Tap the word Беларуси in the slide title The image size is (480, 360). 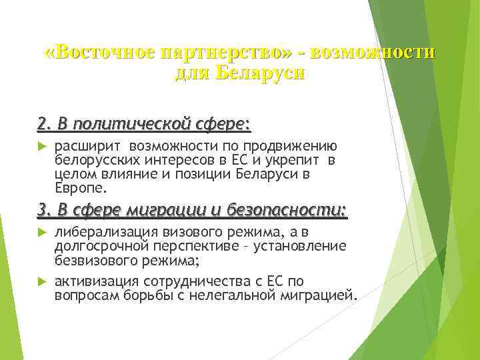coord(261,72)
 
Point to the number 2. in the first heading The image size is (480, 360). coord(45,123)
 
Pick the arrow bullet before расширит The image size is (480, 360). coord(41,146)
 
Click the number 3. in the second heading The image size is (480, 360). coord(45,211)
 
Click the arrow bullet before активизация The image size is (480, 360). coord(41,281)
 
